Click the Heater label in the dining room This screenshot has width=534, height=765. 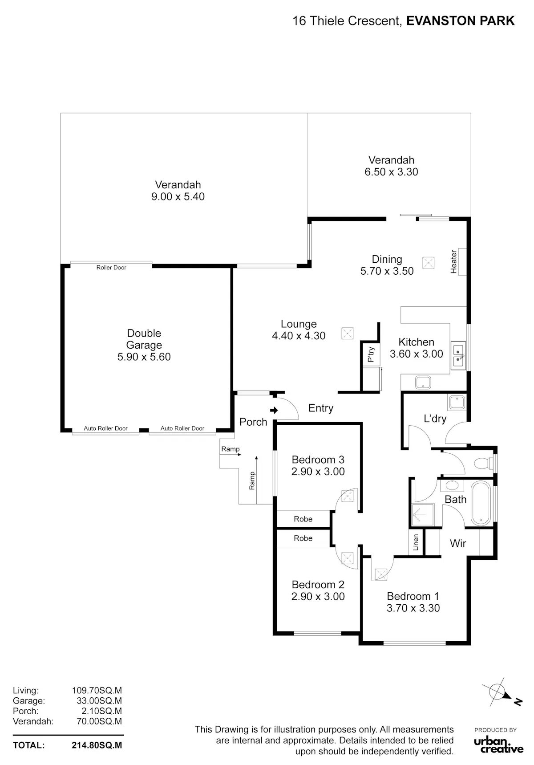pos(454,262)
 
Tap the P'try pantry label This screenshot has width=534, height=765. pos(371,354)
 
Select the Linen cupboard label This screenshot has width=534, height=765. pos(416,542)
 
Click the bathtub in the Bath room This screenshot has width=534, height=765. pos(481,503)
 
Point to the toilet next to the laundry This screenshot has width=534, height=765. pos(484,464)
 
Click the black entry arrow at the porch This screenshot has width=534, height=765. pos(274,410)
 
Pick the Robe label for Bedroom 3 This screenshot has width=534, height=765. pos(303,519)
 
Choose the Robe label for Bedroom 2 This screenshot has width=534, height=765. pos(303,538)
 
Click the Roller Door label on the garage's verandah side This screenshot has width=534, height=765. pos(111,268)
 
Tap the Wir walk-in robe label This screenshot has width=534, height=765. pos(458,543)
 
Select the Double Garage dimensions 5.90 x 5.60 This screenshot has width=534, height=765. pos(144,357)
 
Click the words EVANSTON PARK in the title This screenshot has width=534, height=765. pos(461,20)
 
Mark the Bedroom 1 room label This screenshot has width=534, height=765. pos(413,596)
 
